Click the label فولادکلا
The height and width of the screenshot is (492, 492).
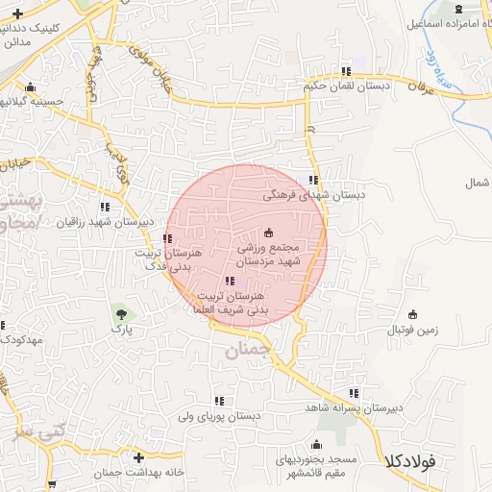click(x=409, y=461)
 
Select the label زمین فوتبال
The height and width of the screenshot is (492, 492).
click(x=412, y=330)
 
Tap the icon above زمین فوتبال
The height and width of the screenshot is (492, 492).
click(x=412, y=313)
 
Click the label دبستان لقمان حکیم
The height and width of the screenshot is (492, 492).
click(x=347, y=86)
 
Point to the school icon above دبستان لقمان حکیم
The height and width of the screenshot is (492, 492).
click(x=346, y=70)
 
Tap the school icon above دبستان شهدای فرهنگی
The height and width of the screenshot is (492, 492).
click(x=312, y=179)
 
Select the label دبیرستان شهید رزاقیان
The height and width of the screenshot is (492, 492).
click(x=105, y=222)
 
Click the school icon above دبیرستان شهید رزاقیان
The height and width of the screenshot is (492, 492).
click(x=105, y=207)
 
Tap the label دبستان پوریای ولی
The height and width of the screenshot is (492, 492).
click(x=220, y=416)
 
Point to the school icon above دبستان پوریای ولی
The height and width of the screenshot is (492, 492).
click(x=220, y=401)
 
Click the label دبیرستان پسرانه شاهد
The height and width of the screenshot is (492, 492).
click(x=355, y=408)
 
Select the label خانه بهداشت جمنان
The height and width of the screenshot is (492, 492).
click(x=139, y=473)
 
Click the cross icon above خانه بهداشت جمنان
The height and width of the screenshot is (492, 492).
click(x=139, y=457)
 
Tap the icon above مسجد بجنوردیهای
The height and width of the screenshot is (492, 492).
click(x=316, y=444)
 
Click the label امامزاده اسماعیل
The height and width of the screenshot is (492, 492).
click(x=446, y=21)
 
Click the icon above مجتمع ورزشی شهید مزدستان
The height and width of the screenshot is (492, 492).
click(x=268, y=232)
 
